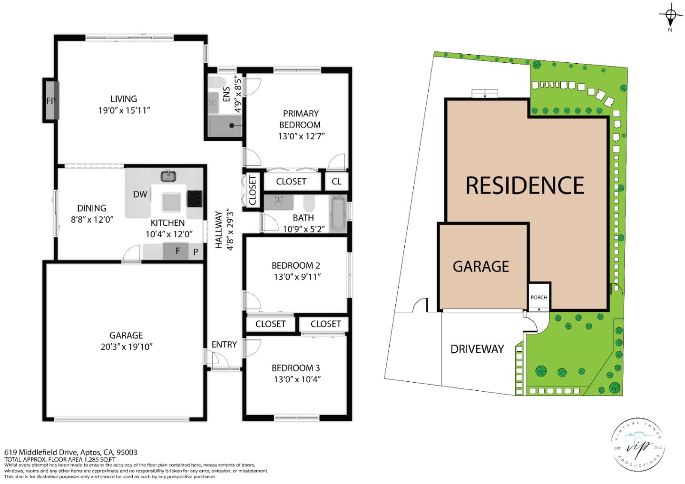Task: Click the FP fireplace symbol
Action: pos(51,100)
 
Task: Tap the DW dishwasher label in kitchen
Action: pos(140,194)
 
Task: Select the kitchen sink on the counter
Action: pos(168,176)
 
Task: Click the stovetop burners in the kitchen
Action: pos(195,198)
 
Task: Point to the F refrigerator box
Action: pos(177,251)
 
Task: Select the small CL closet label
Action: pos(336,181)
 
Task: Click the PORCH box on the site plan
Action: pos(538,297)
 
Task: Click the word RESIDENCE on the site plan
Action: pos(525,185)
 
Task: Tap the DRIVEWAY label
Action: pos(477,349)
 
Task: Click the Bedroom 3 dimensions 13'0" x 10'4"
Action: pos(295,379)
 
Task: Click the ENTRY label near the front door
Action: pos(224,344)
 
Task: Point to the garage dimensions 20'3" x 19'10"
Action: pos(126,347)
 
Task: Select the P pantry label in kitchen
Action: pos(196,252)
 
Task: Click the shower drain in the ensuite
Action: pos(233,126)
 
